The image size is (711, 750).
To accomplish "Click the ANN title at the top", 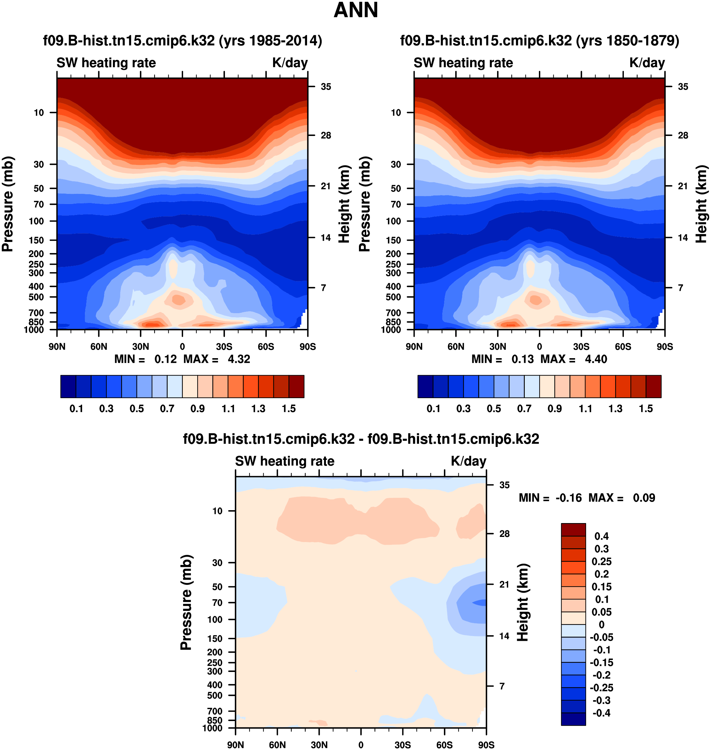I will pyautogui.click(x=355, y=10).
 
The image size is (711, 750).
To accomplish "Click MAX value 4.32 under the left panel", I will pyautogui.click(x=239, y=359).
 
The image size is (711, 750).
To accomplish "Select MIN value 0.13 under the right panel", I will pyautogui.click(x=522, y=359).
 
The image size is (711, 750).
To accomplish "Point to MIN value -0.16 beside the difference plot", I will pyautogui.click(x=568, y=498).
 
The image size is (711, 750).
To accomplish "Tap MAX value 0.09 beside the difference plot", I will pyautogui.click(x=644, y=498).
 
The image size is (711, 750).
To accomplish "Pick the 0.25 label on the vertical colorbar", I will pyautogui.click(x=602, y=561).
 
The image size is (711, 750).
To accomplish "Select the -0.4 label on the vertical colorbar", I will pyautogui.click(x=602, y=713).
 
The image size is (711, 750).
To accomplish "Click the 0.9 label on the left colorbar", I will pyautogui.click(x=198, y=409).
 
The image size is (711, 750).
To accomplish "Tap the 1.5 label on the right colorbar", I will pyautogui.click(x=646, y=409).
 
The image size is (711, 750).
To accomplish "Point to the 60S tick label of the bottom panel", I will pyautogui.click(x=444, y=745).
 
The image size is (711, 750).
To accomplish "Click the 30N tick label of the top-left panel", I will pyautogui.click(x=140, y=347).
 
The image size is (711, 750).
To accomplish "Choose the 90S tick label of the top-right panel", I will pyautogui.click(x=665, y=347).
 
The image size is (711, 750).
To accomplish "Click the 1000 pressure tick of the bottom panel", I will pyautogui.click(x=213, y=728).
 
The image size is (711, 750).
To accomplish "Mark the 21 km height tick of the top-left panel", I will pyautogui.click(x=326, y=186).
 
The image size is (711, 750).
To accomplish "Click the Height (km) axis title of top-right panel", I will pyautogui.click(x=701, y=204).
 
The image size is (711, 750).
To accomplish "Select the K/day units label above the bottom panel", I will pyautogui.click(x=468, y=461).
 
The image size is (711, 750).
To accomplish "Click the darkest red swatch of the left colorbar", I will pyautogui.click(x=296, y=386).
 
